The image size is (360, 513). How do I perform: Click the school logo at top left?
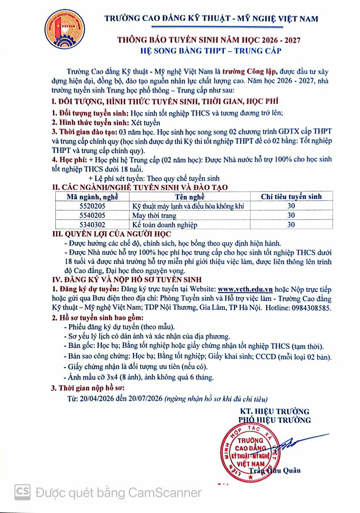59,29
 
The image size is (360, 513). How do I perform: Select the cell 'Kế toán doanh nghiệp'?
165,225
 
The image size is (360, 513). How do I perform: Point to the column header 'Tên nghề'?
190,197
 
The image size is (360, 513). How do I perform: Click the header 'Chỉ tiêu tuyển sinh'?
291,197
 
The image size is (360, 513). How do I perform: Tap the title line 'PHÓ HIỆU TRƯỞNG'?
275,420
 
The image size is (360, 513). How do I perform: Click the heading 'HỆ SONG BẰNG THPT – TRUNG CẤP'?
211,51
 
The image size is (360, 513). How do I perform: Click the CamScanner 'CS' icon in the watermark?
23,492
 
